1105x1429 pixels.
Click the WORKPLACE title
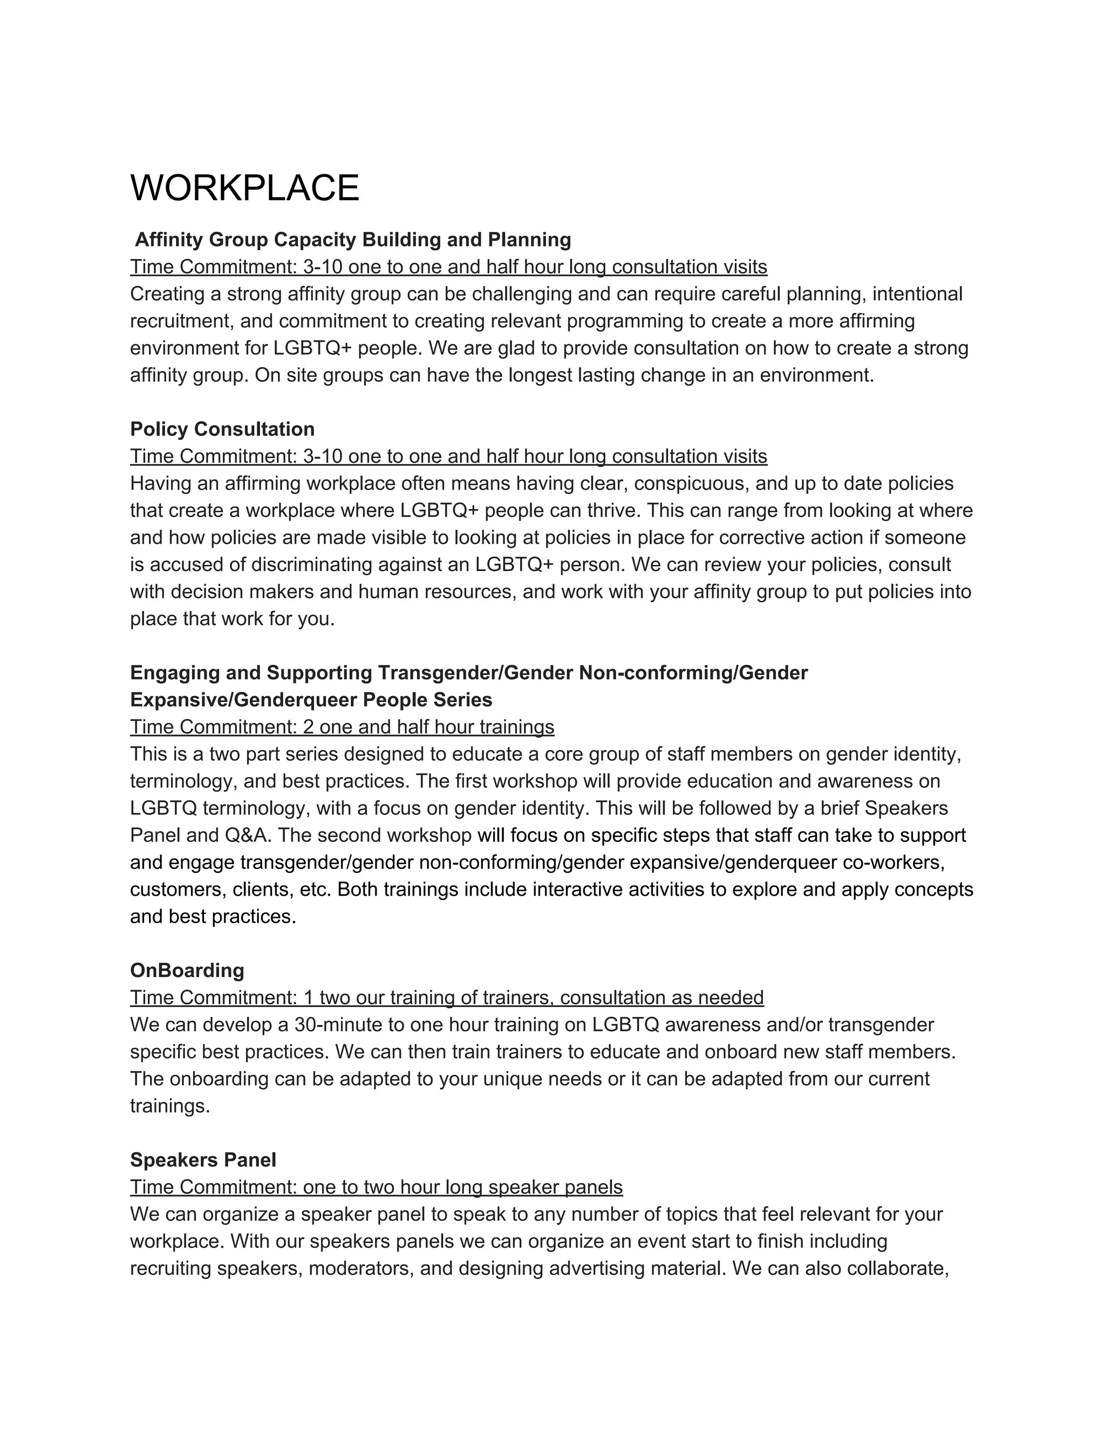click(245, 188)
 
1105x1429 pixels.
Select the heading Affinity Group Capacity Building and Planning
click(353, 240)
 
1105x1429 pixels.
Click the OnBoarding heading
click(187, 970)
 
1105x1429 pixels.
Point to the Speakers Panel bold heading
click(203, 1160)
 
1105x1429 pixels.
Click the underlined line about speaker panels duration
click(377, 1187)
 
